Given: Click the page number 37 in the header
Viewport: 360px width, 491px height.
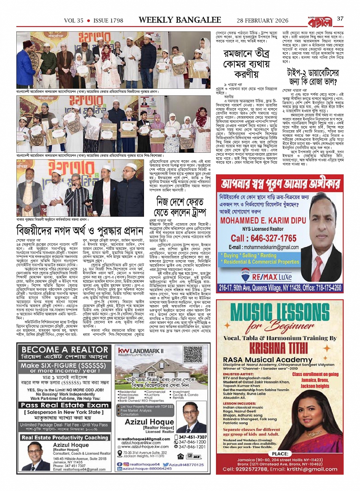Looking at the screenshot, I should (x=340, y=19).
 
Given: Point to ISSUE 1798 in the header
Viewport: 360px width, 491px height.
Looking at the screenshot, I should (x=108, y=20).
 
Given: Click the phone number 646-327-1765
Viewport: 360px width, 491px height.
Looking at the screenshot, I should (x=263, y=238).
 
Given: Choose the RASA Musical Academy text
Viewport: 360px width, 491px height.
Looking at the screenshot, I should (x=262, y=360).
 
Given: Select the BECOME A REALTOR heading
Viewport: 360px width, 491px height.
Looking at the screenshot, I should (x=59, y=350).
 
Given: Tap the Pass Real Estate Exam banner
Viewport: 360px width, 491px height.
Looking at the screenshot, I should (x=59, y=405).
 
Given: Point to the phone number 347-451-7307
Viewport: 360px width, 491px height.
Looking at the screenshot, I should (x=192, y=437).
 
